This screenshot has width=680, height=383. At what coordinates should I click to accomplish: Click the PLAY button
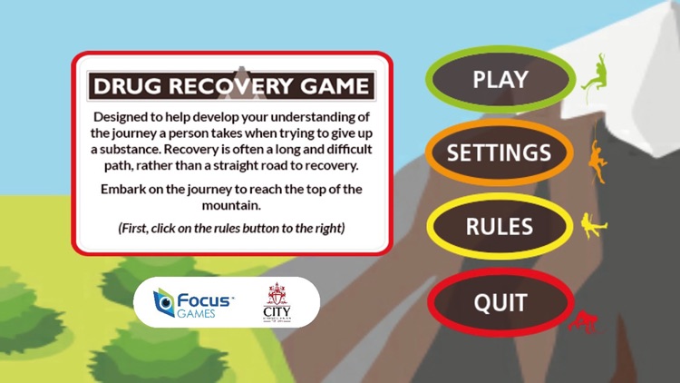pyautogui.click(x=500, y=79)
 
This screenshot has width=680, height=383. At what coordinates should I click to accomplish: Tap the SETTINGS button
pyautogui.click(x=499, y=152)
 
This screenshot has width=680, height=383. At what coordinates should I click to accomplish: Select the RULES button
pyautogui.click(x=499, y=226)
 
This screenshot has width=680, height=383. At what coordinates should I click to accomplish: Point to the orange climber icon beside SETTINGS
pyautogui.click(x=597, y=162)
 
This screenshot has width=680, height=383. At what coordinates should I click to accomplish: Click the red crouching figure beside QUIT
pyautogui.click(x=585, y=320)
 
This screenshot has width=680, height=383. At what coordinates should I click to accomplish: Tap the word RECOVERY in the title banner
pyautogui.click(x=231, y=87)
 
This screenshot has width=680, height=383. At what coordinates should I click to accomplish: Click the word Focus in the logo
pyautogui.click(x=205, y=296)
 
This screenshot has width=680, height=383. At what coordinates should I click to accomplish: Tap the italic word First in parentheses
pyautogui.click(x=138, y=228)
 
